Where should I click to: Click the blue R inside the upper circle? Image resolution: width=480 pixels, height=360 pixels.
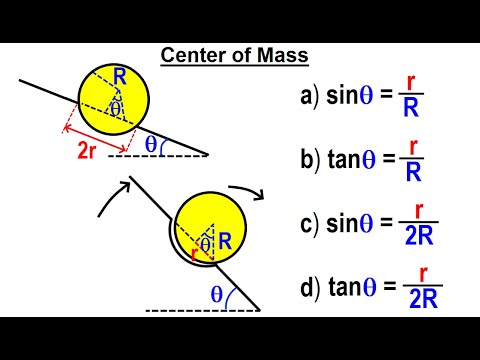point(120,74)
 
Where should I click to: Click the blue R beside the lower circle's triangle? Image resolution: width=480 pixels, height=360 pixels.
point(225,240)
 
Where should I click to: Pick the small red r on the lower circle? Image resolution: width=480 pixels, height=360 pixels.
point(195,252)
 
